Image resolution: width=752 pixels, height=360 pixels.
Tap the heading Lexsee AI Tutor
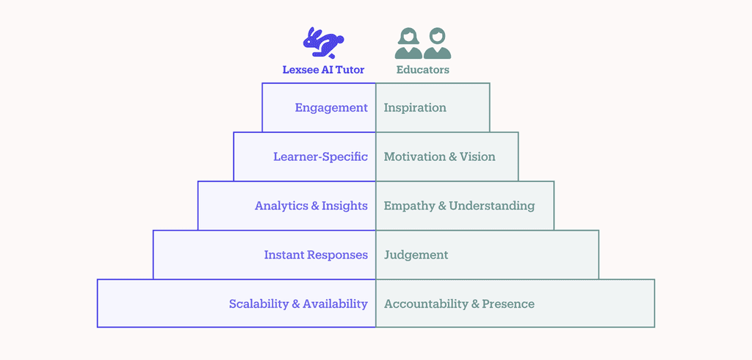323,70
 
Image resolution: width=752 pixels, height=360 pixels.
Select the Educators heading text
423,70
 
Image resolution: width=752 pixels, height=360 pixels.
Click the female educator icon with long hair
408,43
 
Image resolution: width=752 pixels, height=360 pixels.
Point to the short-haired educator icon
438,43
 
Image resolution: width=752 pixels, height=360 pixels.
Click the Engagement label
331,108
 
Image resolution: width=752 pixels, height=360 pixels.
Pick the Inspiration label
416,108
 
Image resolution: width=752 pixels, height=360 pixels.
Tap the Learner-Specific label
321,157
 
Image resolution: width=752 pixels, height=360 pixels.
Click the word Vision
477,157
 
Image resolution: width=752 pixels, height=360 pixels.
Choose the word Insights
345,206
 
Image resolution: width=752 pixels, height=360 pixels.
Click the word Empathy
410,206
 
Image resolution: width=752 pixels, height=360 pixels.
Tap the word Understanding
492,206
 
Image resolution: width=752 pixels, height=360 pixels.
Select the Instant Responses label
316,255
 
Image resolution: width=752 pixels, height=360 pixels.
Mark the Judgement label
416,255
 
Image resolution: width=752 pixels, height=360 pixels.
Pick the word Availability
335,304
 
